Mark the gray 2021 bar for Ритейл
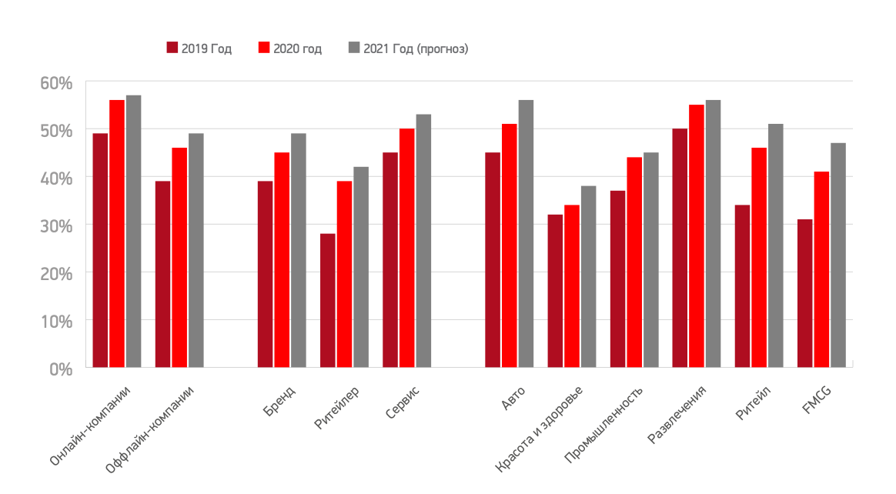pos(775,245)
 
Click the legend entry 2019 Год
pos(199,48)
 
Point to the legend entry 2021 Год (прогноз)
pos(408,48)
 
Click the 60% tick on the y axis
pos(55,82)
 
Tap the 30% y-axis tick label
pos(55,225)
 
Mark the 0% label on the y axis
pos(59,369)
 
